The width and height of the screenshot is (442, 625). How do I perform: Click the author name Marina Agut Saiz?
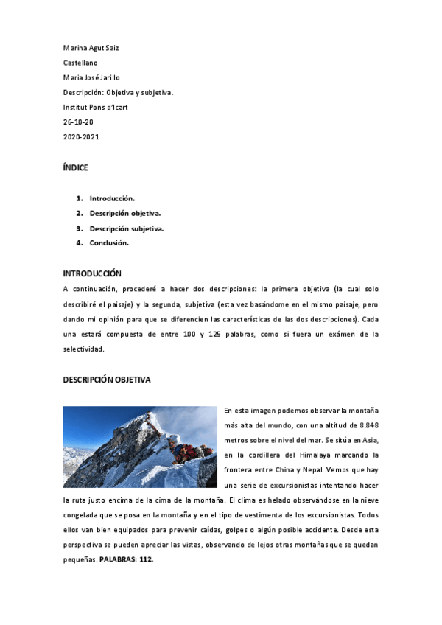91,48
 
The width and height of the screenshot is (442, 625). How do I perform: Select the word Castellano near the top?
80,63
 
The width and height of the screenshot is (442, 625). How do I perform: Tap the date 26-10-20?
78,122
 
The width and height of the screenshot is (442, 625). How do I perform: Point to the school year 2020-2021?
81,136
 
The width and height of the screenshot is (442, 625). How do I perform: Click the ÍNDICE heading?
75,167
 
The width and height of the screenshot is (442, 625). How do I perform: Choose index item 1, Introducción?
112,198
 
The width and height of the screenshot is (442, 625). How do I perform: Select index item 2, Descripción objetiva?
125,213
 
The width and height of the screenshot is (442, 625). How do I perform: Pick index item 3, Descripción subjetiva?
127,228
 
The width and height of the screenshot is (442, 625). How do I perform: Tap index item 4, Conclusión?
109,242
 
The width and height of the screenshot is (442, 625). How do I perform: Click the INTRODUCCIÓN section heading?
92,273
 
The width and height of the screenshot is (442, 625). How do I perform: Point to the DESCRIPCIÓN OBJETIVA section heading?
107,380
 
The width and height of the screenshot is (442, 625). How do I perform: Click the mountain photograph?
140,447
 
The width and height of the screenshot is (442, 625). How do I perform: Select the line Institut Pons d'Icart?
97,107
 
